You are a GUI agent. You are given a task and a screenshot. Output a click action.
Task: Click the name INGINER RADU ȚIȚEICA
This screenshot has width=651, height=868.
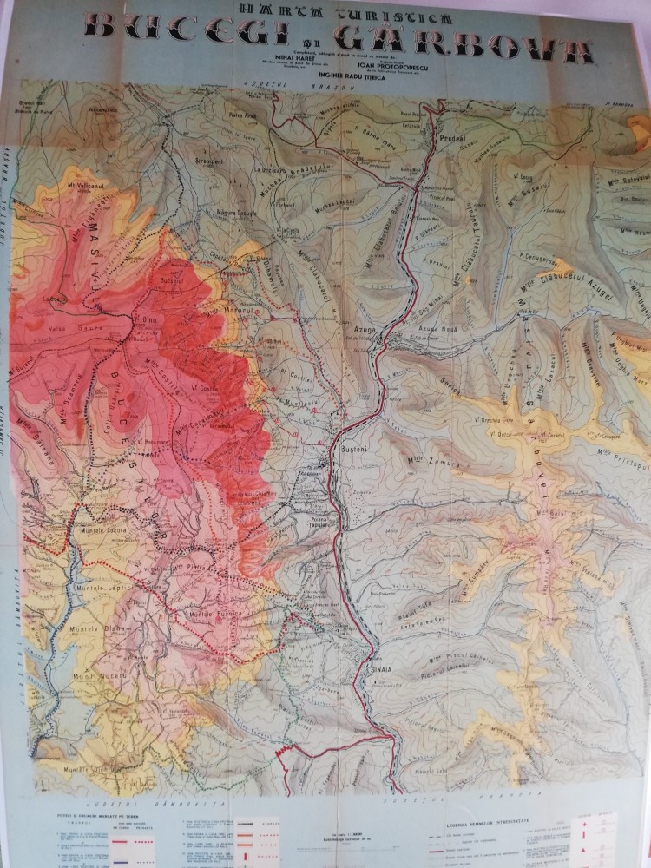[x=325, y=75]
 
